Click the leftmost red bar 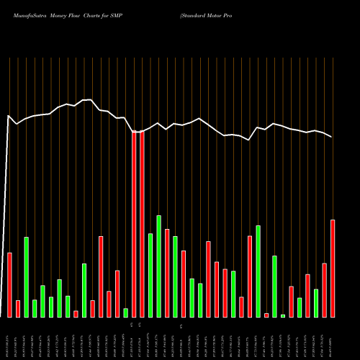coord(9,285)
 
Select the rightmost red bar coord(333,269)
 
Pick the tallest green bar coord(158,266)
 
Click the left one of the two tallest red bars coord(134,224)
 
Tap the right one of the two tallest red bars coord(142,224)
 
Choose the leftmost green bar coord(26,277)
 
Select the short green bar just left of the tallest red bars coord(125,312)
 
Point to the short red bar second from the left coord(18,309)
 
